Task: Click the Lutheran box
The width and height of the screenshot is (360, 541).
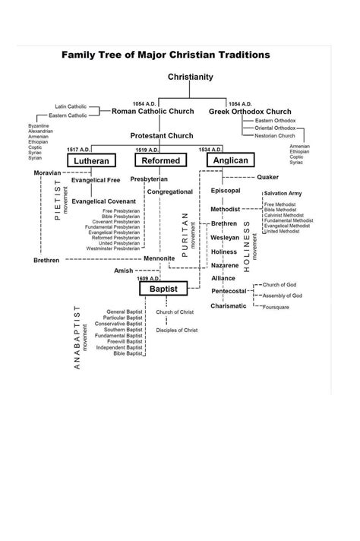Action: pos(90,161)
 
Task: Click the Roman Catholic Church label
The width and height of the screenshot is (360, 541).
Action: pos(156,112)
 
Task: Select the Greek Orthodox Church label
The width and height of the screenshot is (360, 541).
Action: pos(250,112)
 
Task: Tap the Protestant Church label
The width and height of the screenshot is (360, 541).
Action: pos(162,135)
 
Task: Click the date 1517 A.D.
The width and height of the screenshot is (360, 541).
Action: pos(78,150)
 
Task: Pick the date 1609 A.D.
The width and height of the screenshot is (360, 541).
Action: pos(148,279)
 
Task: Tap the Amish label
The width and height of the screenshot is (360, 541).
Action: pos(123,270)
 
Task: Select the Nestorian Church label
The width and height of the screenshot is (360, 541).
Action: pos(276,135)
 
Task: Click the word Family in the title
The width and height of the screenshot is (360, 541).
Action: pos(81,55)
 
